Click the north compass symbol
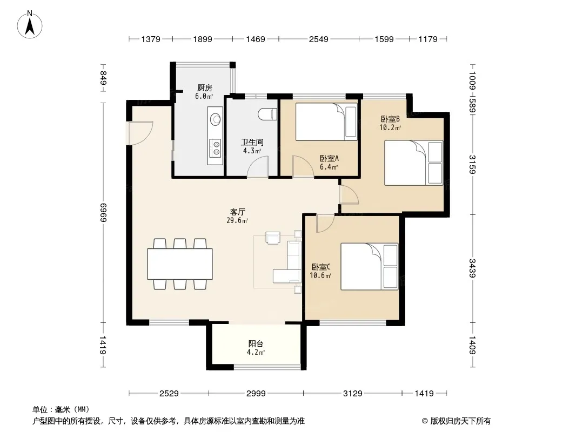pyautogui.click(x=30, y=25)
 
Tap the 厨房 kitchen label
pyautogui.click(x=204, y=87)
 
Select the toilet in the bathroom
pyautogui.click(x=267, y=114)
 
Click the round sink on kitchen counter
pyautogui.click(x=215, y=119)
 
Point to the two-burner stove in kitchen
pyautogui.click(x=215, y=147)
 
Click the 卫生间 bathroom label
pyautogui.click(x=252, y=142)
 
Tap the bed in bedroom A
pyautogui.click(x=326, y=122)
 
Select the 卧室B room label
pyautogui.click(x=390, y=119)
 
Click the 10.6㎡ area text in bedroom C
pyautogui.click(x=320, y=275)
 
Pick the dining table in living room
pyautogui.click(x=180, y=264)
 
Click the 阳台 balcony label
pyautogui.click(x=256, y=344)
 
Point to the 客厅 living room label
pyautogui.click(x=237, y=212)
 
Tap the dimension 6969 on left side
pyautogui.click(x=103, y=213)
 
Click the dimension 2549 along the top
pyautogui.click(x=318, y=39)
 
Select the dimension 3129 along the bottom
pyautogui.click(x=353, y=394)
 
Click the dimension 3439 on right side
pyautogui.click(x=472, y=268)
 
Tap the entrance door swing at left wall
pyautogui.click(x=140, y=132)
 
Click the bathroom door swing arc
pyautogui.click(x=258, y=167)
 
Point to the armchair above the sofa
pyautogui.click(x=273, y=238)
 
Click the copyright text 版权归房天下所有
pyautogui.click(x=460, y=421)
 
